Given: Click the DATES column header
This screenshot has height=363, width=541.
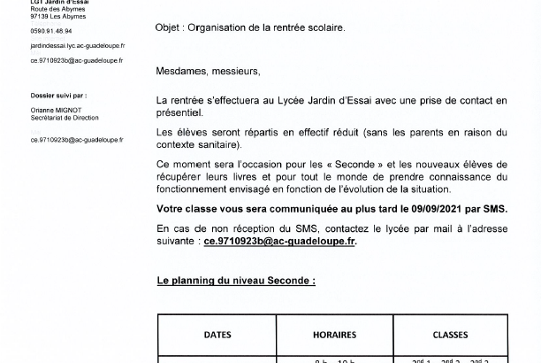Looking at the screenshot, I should click(217, 336).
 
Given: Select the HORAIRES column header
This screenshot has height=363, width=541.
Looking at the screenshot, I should click(334, 336).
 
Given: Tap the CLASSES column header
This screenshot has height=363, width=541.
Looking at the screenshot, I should click(450, 336).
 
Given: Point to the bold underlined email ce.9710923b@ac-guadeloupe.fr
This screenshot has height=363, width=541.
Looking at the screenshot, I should click(279, 241).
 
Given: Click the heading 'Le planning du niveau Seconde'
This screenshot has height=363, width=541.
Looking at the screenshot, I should click(236, 281).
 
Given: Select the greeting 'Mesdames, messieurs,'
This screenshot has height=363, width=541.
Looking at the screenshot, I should click(208, 71).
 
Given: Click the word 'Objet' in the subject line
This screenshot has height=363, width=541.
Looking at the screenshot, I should click(169, 27).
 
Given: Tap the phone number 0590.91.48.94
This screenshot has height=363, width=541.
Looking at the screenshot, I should click(51, 30).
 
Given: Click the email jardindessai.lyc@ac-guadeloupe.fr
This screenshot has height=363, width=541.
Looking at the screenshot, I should click(77, 45).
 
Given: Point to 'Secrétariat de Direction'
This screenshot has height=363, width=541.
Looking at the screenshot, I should click(65, 118).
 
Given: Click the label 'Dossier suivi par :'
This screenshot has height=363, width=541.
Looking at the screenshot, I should click(58, 95).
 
